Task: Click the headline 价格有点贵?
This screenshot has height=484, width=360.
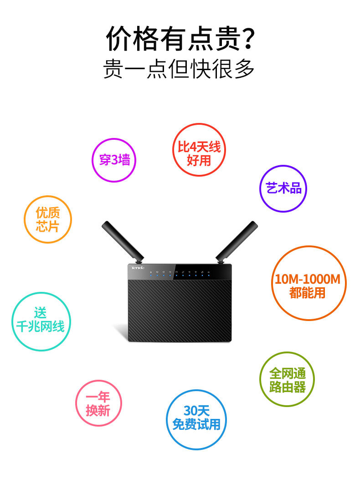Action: [180, 38]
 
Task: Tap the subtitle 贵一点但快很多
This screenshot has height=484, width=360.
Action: [179, 69]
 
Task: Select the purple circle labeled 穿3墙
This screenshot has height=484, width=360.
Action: [114, 159]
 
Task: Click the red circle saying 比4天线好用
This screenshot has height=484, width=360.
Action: [199, 150]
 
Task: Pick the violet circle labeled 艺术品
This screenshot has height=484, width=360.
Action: [283, 189]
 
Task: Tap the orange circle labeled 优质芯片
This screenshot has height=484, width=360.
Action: [48, 219]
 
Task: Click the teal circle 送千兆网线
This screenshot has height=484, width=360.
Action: [41, 321]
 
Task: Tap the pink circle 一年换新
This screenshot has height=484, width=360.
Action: [98, 403]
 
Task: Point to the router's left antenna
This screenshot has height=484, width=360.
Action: [122, 240]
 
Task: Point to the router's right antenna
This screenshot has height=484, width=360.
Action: [237, 240]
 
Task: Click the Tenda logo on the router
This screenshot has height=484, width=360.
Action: [137, 268]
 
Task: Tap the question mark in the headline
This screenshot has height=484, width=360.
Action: [247, 38]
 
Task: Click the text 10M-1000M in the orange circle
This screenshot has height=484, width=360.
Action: [308, 279]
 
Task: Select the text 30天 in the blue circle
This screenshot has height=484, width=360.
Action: [196, 411]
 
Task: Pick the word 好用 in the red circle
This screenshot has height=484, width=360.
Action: [199, 160]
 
